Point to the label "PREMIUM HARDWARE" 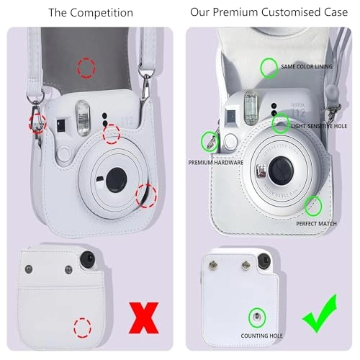pyautogui.click(x=216, y=163)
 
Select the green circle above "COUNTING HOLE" pyautogui.click(x=256, y=318)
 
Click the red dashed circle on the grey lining pyautogui.click(x=86, y=68)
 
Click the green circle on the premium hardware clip pyautogui.click(x=210, y=140)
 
